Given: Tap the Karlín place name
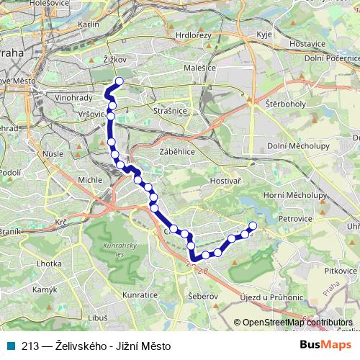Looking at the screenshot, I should point(88,24).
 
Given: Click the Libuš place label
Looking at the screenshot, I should point(98,318).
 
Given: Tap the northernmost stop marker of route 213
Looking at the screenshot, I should point(120,81).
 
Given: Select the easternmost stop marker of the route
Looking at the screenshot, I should point(253,228).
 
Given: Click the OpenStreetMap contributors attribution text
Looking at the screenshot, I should point(297,323).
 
